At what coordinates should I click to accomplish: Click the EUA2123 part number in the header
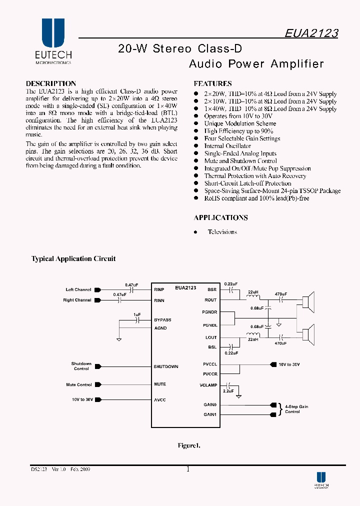311,33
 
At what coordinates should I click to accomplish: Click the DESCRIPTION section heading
50,83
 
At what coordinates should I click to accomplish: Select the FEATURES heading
212,83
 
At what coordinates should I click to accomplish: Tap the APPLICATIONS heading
220,217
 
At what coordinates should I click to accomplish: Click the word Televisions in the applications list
222,232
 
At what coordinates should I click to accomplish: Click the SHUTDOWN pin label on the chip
165,366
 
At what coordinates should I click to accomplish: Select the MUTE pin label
160,384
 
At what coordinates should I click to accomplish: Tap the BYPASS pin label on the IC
162,319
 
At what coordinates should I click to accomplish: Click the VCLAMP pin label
208,385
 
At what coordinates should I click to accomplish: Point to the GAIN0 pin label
210,404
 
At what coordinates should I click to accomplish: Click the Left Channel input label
78,289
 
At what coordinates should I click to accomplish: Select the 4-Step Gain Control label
296,409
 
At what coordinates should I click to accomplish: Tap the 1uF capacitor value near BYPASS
136,314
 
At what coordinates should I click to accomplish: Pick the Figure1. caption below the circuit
189,445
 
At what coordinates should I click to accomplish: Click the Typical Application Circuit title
73,258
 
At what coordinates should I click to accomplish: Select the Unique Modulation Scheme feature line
239,123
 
